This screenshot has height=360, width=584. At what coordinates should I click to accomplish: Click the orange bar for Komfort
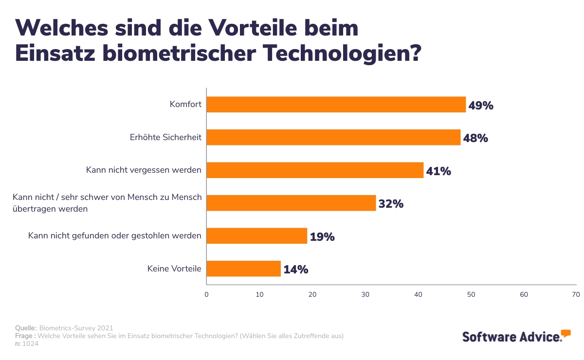pyautogui.click(x=336, y=105)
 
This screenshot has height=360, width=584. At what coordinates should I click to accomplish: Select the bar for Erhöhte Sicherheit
pyautogui.click(x=333, y=138)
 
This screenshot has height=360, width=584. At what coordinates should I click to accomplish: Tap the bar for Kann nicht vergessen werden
pyautogui.click(x=315, y=170)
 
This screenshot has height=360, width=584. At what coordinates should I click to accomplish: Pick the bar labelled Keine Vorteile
pyautogui.click(x=243, y=269)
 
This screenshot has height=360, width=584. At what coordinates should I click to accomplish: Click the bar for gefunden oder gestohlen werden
pyautogui.click(x=256, y=236)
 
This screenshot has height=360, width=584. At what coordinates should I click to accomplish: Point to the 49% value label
pyautogui.click(x=481, y=106)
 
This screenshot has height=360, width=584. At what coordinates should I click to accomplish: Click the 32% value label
pyautogui.click(x=391, y=204)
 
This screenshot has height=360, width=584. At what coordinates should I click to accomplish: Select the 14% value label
pyautogui.click(x=296, y=270)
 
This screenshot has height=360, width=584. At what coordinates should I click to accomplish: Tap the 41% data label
pyautogui.click(x=438, y=171)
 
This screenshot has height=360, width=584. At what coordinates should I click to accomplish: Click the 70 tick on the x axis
pyautogui.click(x=576, y=294)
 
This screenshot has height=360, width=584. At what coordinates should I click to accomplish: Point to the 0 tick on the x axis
pyautogui.click(x=206, y=294)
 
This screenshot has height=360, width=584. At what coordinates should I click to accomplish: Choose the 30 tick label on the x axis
pyautogui.click(x=365, y=294)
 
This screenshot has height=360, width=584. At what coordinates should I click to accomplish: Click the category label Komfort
pyautogui.click(x=185, y=104)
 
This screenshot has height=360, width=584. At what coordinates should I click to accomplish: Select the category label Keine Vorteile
pyautogui.click(x=174, y=269)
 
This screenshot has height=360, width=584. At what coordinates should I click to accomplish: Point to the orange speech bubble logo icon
pyautogui.click(x=566, y=333)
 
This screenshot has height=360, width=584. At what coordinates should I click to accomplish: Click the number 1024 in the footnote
pyautogui.click(x=31, y=344)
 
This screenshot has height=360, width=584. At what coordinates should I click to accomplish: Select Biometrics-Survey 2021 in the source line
pyautogui.click(x=76, y=328)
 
